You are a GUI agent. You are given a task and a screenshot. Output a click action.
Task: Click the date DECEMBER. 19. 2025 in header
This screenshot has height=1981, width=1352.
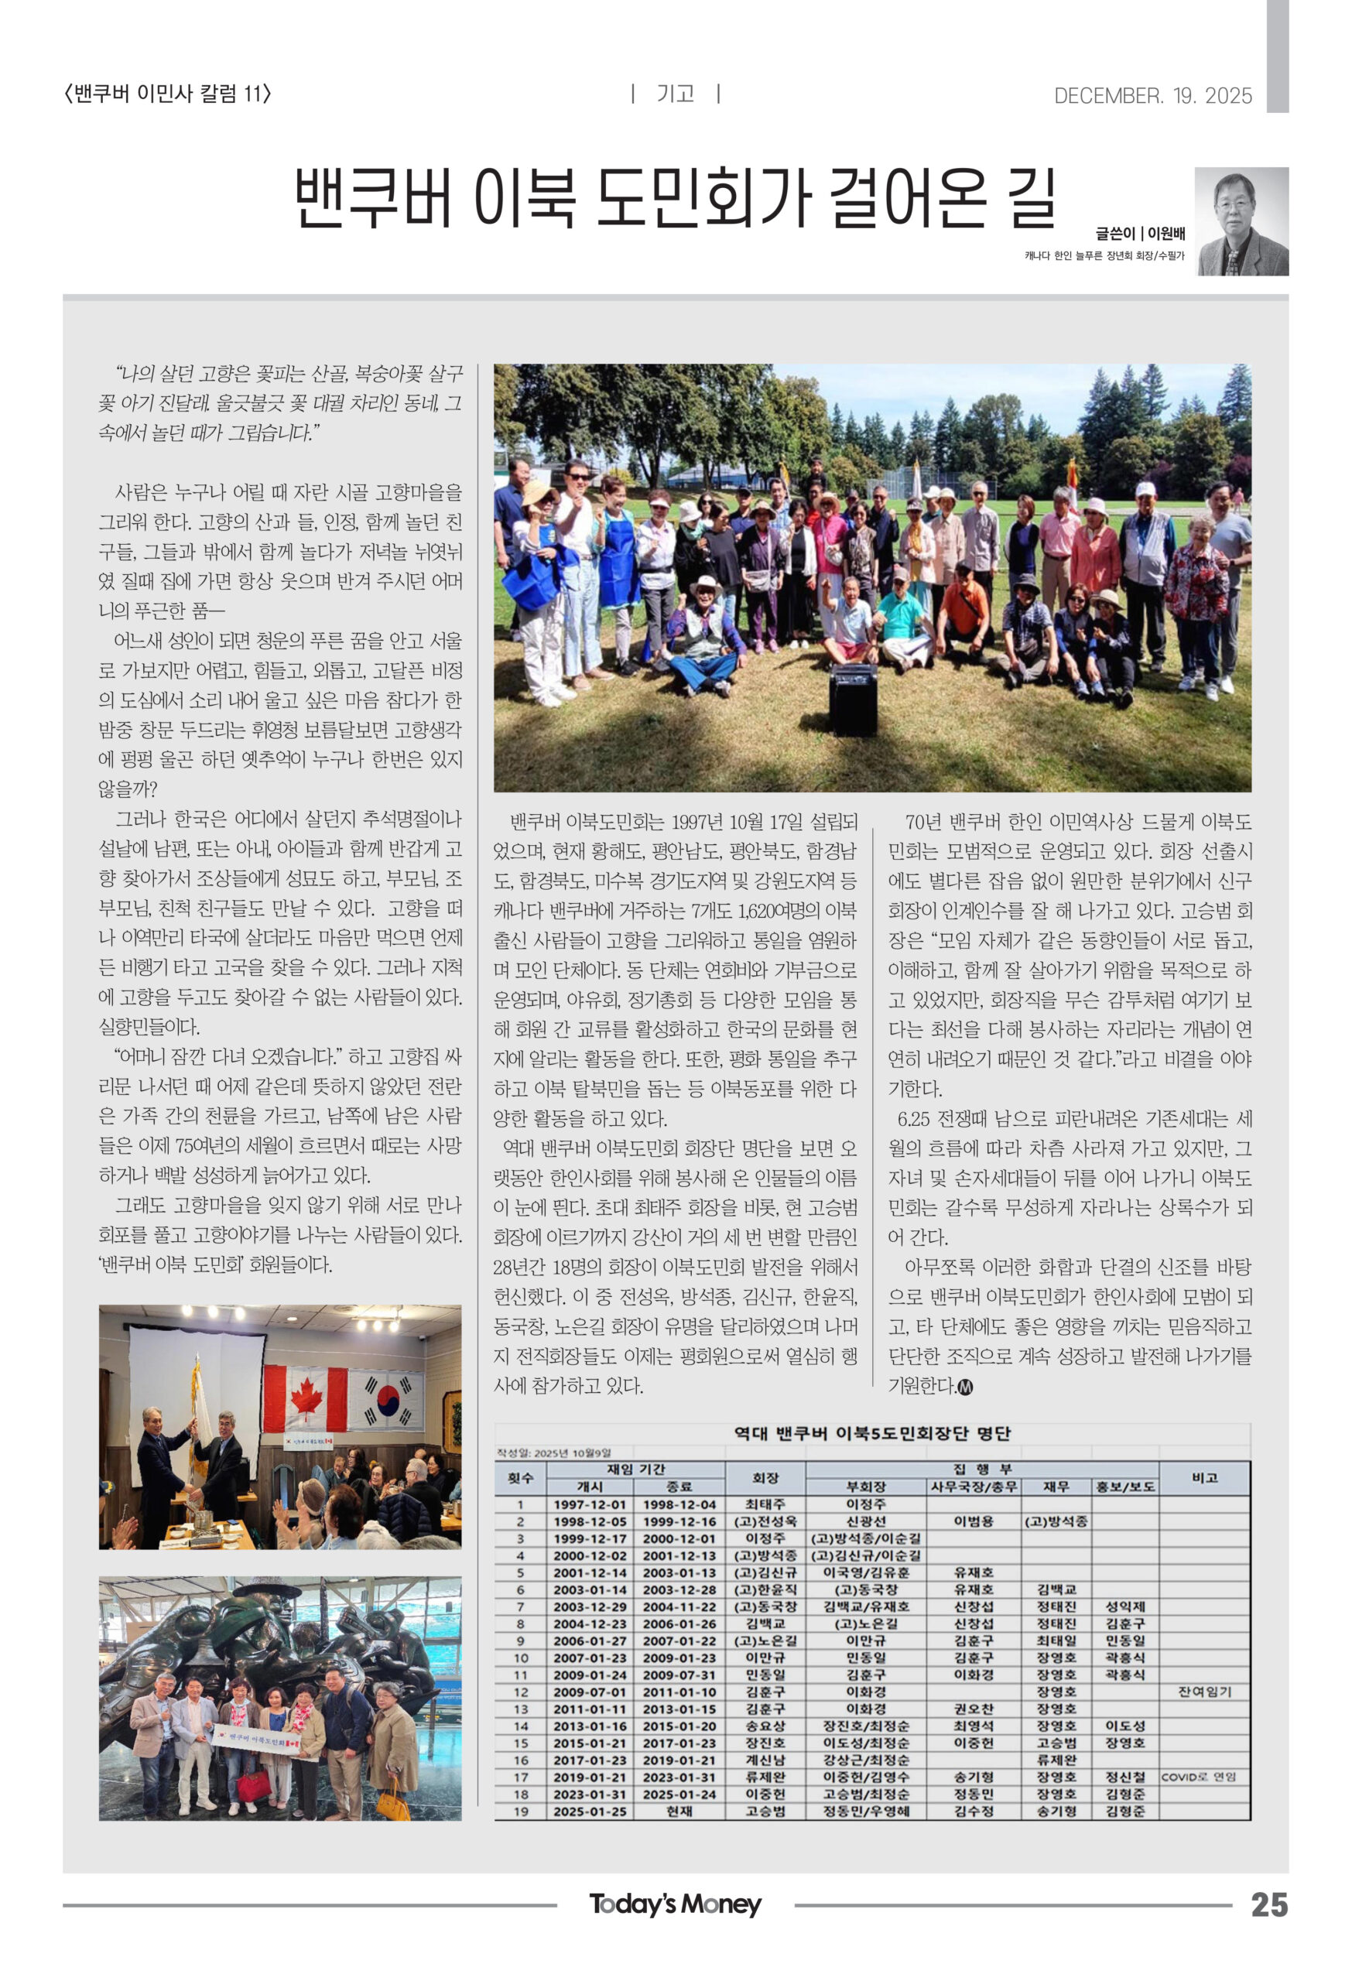coord(1152,95)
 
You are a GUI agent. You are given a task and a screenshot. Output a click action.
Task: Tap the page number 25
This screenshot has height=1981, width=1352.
coord(1268,1905)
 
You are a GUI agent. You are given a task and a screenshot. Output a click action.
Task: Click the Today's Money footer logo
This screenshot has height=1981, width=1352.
coord(675,1904)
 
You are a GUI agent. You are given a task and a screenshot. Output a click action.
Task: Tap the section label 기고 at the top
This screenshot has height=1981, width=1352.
coord(675,94)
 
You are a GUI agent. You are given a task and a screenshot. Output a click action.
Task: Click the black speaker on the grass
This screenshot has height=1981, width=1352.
coord(853,699)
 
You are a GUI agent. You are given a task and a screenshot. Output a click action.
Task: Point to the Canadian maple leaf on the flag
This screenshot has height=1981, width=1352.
coord(306,1399)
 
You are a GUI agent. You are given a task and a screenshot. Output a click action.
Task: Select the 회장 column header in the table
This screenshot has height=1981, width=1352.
coord(765,1477)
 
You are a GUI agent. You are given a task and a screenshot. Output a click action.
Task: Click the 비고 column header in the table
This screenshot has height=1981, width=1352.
coord(1203,1477)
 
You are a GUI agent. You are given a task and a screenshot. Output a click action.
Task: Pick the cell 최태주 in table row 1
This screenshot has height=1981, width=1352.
coord(765,1504)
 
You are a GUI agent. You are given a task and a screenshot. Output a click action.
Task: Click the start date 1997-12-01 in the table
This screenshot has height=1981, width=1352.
coord(590,1504)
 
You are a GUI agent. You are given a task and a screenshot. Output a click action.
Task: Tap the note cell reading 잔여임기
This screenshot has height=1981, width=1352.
coord(1203,1692)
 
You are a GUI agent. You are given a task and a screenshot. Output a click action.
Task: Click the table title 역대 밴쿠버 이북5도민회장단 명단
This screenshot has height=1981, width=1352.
coord(872,1433)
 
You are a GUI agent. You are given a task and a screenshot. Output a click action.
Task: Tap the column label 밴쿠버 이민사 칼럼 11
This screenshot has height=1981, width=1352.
coord(168,93)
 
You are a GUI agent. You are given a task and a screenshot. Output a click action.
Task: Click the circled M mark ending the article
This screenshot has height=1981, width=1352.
coord(965,1387)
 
